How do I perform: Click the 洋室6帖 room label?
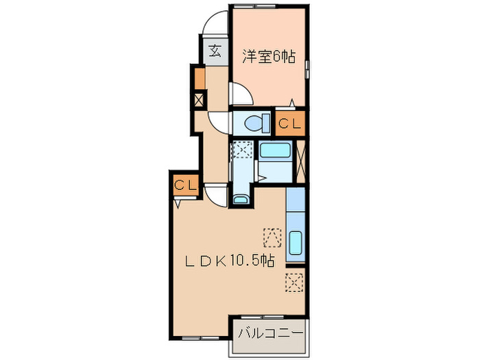tap(267, 58)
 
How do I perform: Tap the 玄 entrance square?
tap(215, 51)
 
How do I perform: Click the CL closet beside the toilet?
tap(289, 123)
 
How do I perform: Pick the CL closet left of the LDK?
tap(185, 184)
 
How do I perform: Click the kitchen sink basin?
tap(295, 243)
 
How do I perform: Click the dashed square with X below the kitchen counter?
tap(294, 281)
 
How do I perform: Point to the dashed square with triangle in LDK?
tap(272, 237)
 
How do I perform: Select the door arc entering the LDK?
tap(218, 195)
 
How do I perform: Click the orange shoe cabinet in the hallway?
tap(200, 79)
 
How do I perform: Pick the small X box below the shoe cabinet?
tap(200, 100)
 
